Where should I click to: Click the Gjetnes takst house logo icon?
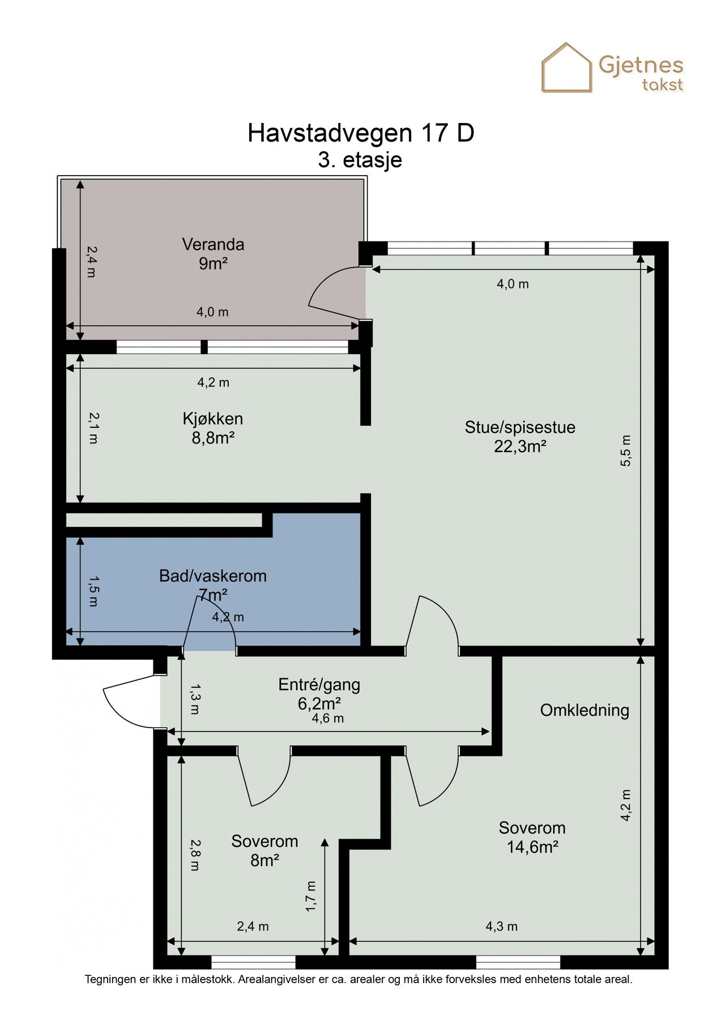pos(567,67)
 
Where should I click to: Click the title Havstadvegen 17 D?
pos(361,133)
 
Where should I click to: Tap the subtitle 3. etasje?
pos(360,160)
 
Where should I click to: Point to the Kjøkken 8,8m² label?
pos(213,428)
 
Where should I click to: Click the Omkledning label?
pos(585,710)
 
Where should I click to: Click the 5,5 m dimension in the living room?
pos(625,450)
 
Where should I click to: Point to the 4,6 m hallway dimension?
pos(328,719)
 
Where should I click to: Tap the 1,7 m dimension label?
pos(310,896)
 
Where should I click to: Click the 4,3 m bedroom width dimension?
pos(502,926)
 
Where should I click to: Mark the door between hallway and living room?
pos(433,623)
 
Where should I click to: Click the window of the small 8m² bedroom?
pos(254,962)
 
